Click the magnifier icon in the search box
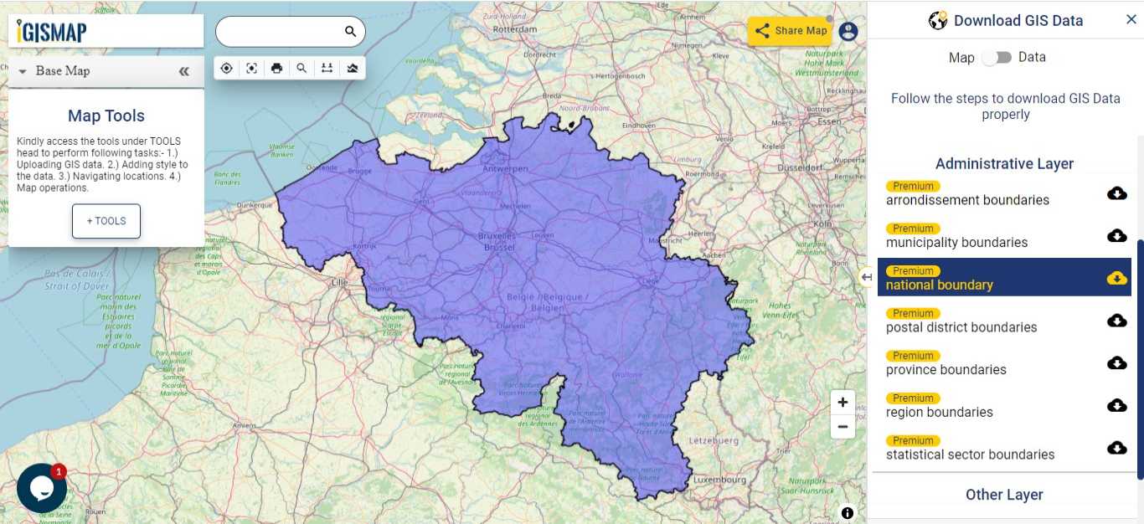pos(350,32)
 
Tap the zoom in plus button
pos(843,402)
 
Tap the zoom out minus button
pos(843,427)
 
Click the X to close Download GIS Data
pos(1131,20)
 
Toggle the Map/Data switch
pos(997,58)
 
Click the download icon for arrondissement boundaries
pos(1116,193)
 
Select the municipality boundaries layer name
pos(956,243)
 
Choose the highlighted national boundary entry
pos(939,285)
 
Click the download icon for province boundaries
pos(1116,363)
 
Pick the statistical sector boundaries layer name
pos(970,455)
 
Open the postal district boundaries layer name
pos(961,327)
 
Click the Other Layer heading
pos(1004,495)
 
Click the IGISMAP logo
pos(52,32)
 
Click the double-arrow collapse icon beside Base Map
pos(184,72)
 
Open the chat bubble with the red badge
pos(41,488)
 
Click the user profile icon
pos(848,32)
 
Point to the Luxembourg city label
pos(719,480)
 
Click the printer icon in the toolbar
pos(276,69)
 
